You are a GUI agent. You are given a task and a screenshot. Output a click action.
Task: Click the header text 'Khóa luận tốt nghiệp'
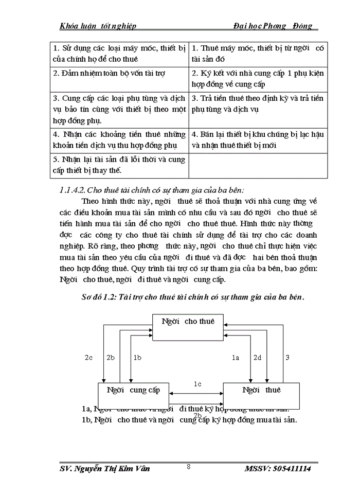point(98,26)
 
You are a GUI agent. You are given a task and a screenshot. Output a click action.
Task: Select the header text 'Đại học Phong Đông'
point(272,26)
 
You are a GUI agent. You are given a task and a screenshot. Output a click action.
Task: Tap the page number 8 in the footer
point(189,467)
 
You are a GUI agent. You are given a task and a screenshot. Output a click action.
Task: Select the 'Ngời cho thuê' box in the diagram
point(188,327)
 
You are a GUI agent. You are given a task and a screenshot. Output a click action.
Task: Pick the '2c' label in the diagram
point(89,357)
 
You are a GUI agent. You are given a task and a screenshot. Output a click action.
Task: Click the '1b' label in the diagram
point(137,357)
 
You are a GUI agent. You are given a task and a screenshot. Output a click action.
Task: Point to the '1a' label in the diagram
point(236,357)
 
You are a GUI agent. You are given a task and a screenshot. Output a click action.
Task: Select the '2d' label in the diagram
point(257,357)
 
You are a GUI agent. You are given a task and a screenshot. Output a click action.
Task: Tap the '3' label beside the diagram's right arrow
point(287,357)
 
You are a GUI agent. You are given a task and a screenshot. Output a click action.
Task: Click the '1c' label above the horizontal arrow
point(197,384)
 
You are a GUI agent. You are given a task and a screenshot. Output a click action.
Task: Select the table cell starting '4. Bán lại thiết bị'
point(258,139)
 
